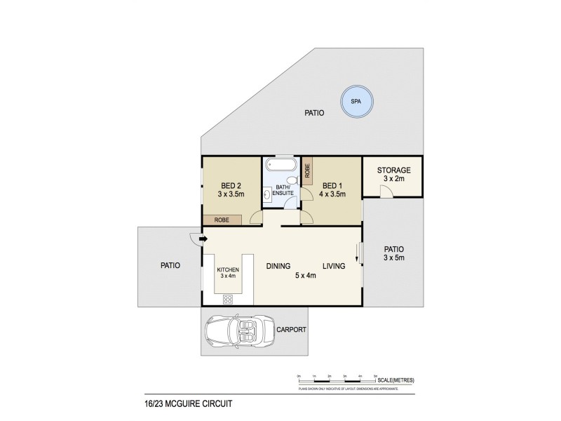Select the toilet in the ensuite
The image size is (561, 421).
tap(294, 181)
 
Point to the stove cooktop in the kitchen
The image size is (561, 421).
tap(229, 300)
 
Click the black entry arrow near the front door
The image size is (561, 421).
tap(203, 239)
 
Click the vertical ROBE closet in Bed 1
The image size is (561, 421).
tap(307, 172)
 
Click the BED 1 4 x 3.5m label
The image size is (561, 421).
tap(333, 189)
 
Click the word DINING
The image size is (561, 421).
tap(278, 266)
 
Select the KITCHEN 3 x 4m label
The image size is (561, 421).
tap(229, 273)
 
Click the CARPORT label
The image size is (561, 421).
tap(290, 329)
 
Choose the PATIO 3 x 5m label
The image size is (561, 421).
tap(393, 253)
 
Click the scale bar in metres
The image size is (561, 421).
tap(337, 380)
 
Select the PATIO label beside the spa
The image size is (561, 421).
tap(313, 112)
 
